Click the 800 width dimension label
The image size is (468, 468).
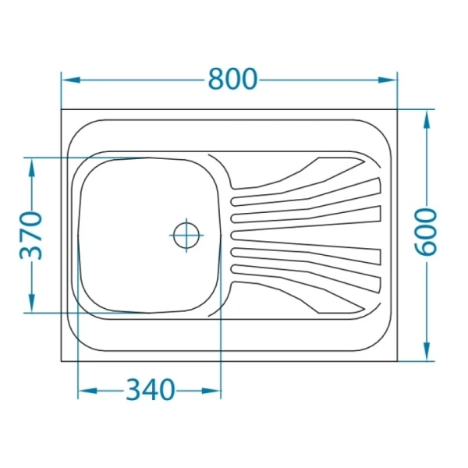coord(232,79)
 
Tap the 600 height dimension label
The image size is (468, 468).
coord(426,232)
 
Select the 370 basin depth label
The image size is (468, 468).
coord(30,236)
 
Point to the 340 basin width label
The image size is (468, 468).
coord(150,390)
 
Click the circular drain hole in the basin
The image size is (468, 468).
coord(186,236)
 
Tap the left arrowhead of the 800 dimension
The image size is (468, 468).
coord(71,80)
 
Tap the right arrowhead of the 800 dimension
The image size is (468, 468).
coord(388,80)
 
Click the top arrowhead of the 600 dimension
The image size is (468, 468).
coord(427,119)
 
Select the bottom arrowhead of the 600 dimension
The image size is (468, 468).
coord(427,351)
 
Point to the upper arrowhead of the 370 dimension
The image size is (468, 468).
coord(32,168)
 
